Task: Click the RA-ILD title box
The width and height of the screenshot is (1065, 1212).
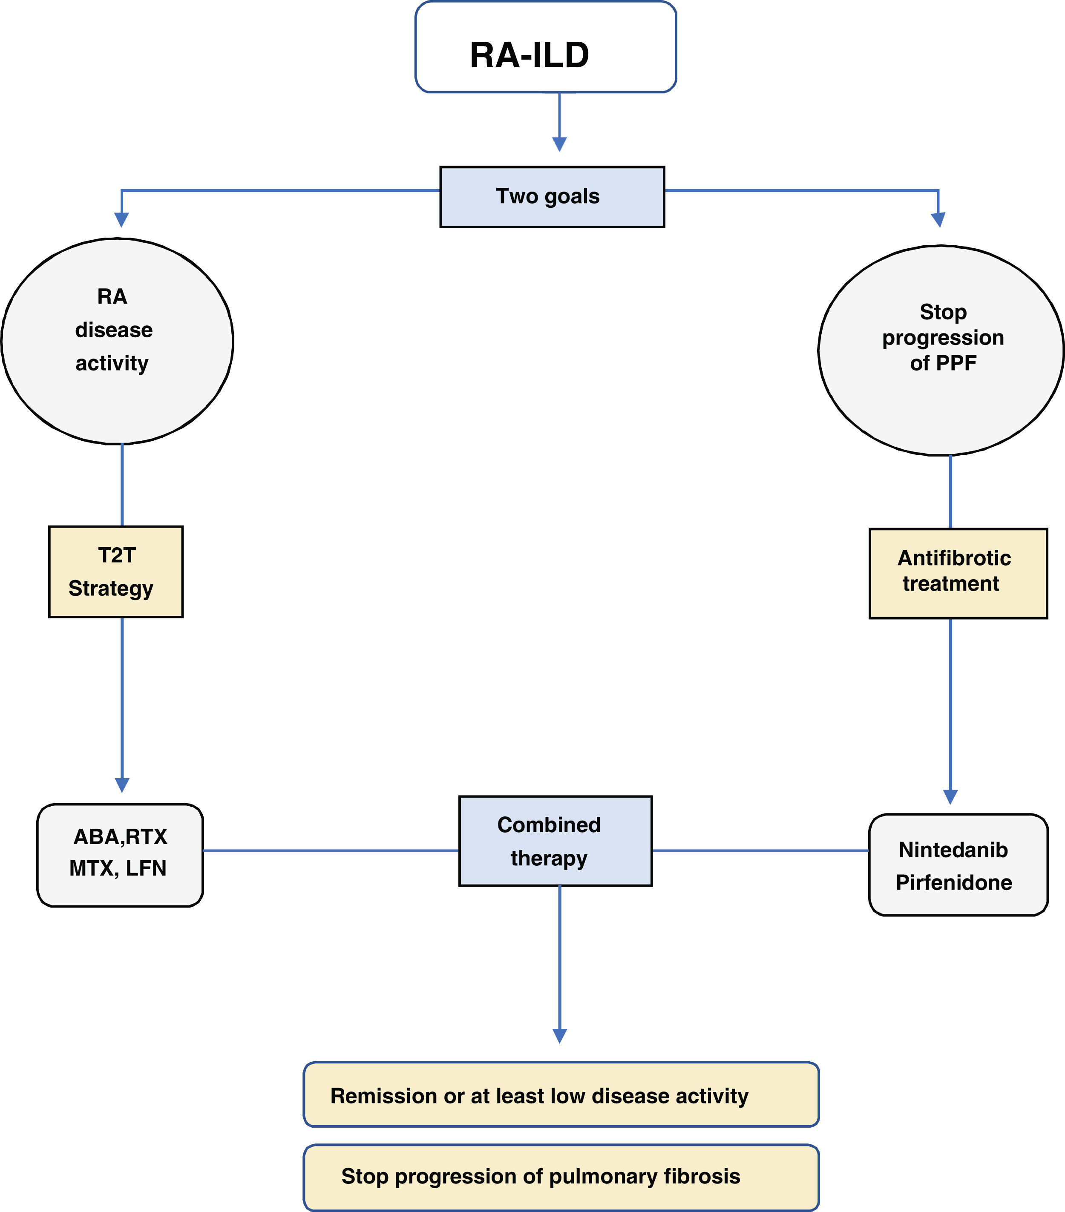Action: click(546, 47)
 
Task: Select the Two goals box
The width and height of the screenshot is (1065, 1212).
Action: click(552, 197)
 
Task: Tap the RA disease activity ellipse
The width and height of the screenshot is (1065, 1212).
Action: click(117, 342)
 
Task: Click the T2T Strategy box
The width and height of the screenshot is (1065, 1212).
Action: click(115, 572)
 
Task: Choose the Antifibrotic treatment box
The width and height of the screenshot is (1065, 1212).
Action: click(958, 573)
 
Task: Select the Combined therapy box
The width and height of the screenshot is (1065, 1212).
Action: click(555, 841)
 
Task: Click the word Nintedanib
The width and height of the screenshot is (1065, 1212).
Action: click(953, 850)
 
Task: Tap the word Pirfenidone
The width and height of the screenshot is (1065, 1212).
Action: click(953, 882)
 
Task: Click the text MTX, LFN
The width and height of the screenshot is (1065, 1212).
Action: click(118, 868)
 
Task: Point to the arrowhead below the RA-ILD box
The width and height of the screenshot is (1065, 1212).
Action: click(559, 144)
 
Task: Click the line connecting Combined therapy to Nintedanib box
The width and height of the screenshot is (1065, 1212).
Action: click(760, 850)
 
